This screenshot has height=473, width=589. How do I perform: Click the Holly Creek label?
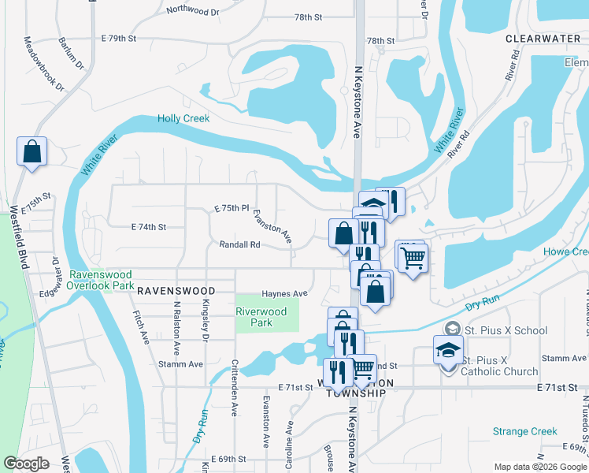tap(183, 118)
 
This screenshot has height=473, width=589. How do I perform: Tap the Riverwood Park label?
tap(261, 317)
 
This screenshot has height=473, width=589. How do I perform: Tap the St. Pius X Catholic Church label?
tap(499, 366)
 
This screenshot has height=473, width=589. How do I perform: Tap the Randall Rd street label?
tap(239, 245)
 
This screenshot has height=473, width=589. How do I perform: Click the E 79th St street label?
tap(119, 38)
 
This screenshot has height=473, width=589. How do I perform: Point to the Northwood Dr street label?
tap(193, 11)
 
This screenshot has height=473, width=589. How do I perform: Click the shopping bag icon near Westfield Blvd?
tap(31, 152)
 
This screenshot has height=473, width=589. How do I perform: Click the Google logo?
tap(26, 464)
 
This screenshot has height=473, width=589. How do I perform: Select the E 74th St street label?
tap(148, 227)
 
